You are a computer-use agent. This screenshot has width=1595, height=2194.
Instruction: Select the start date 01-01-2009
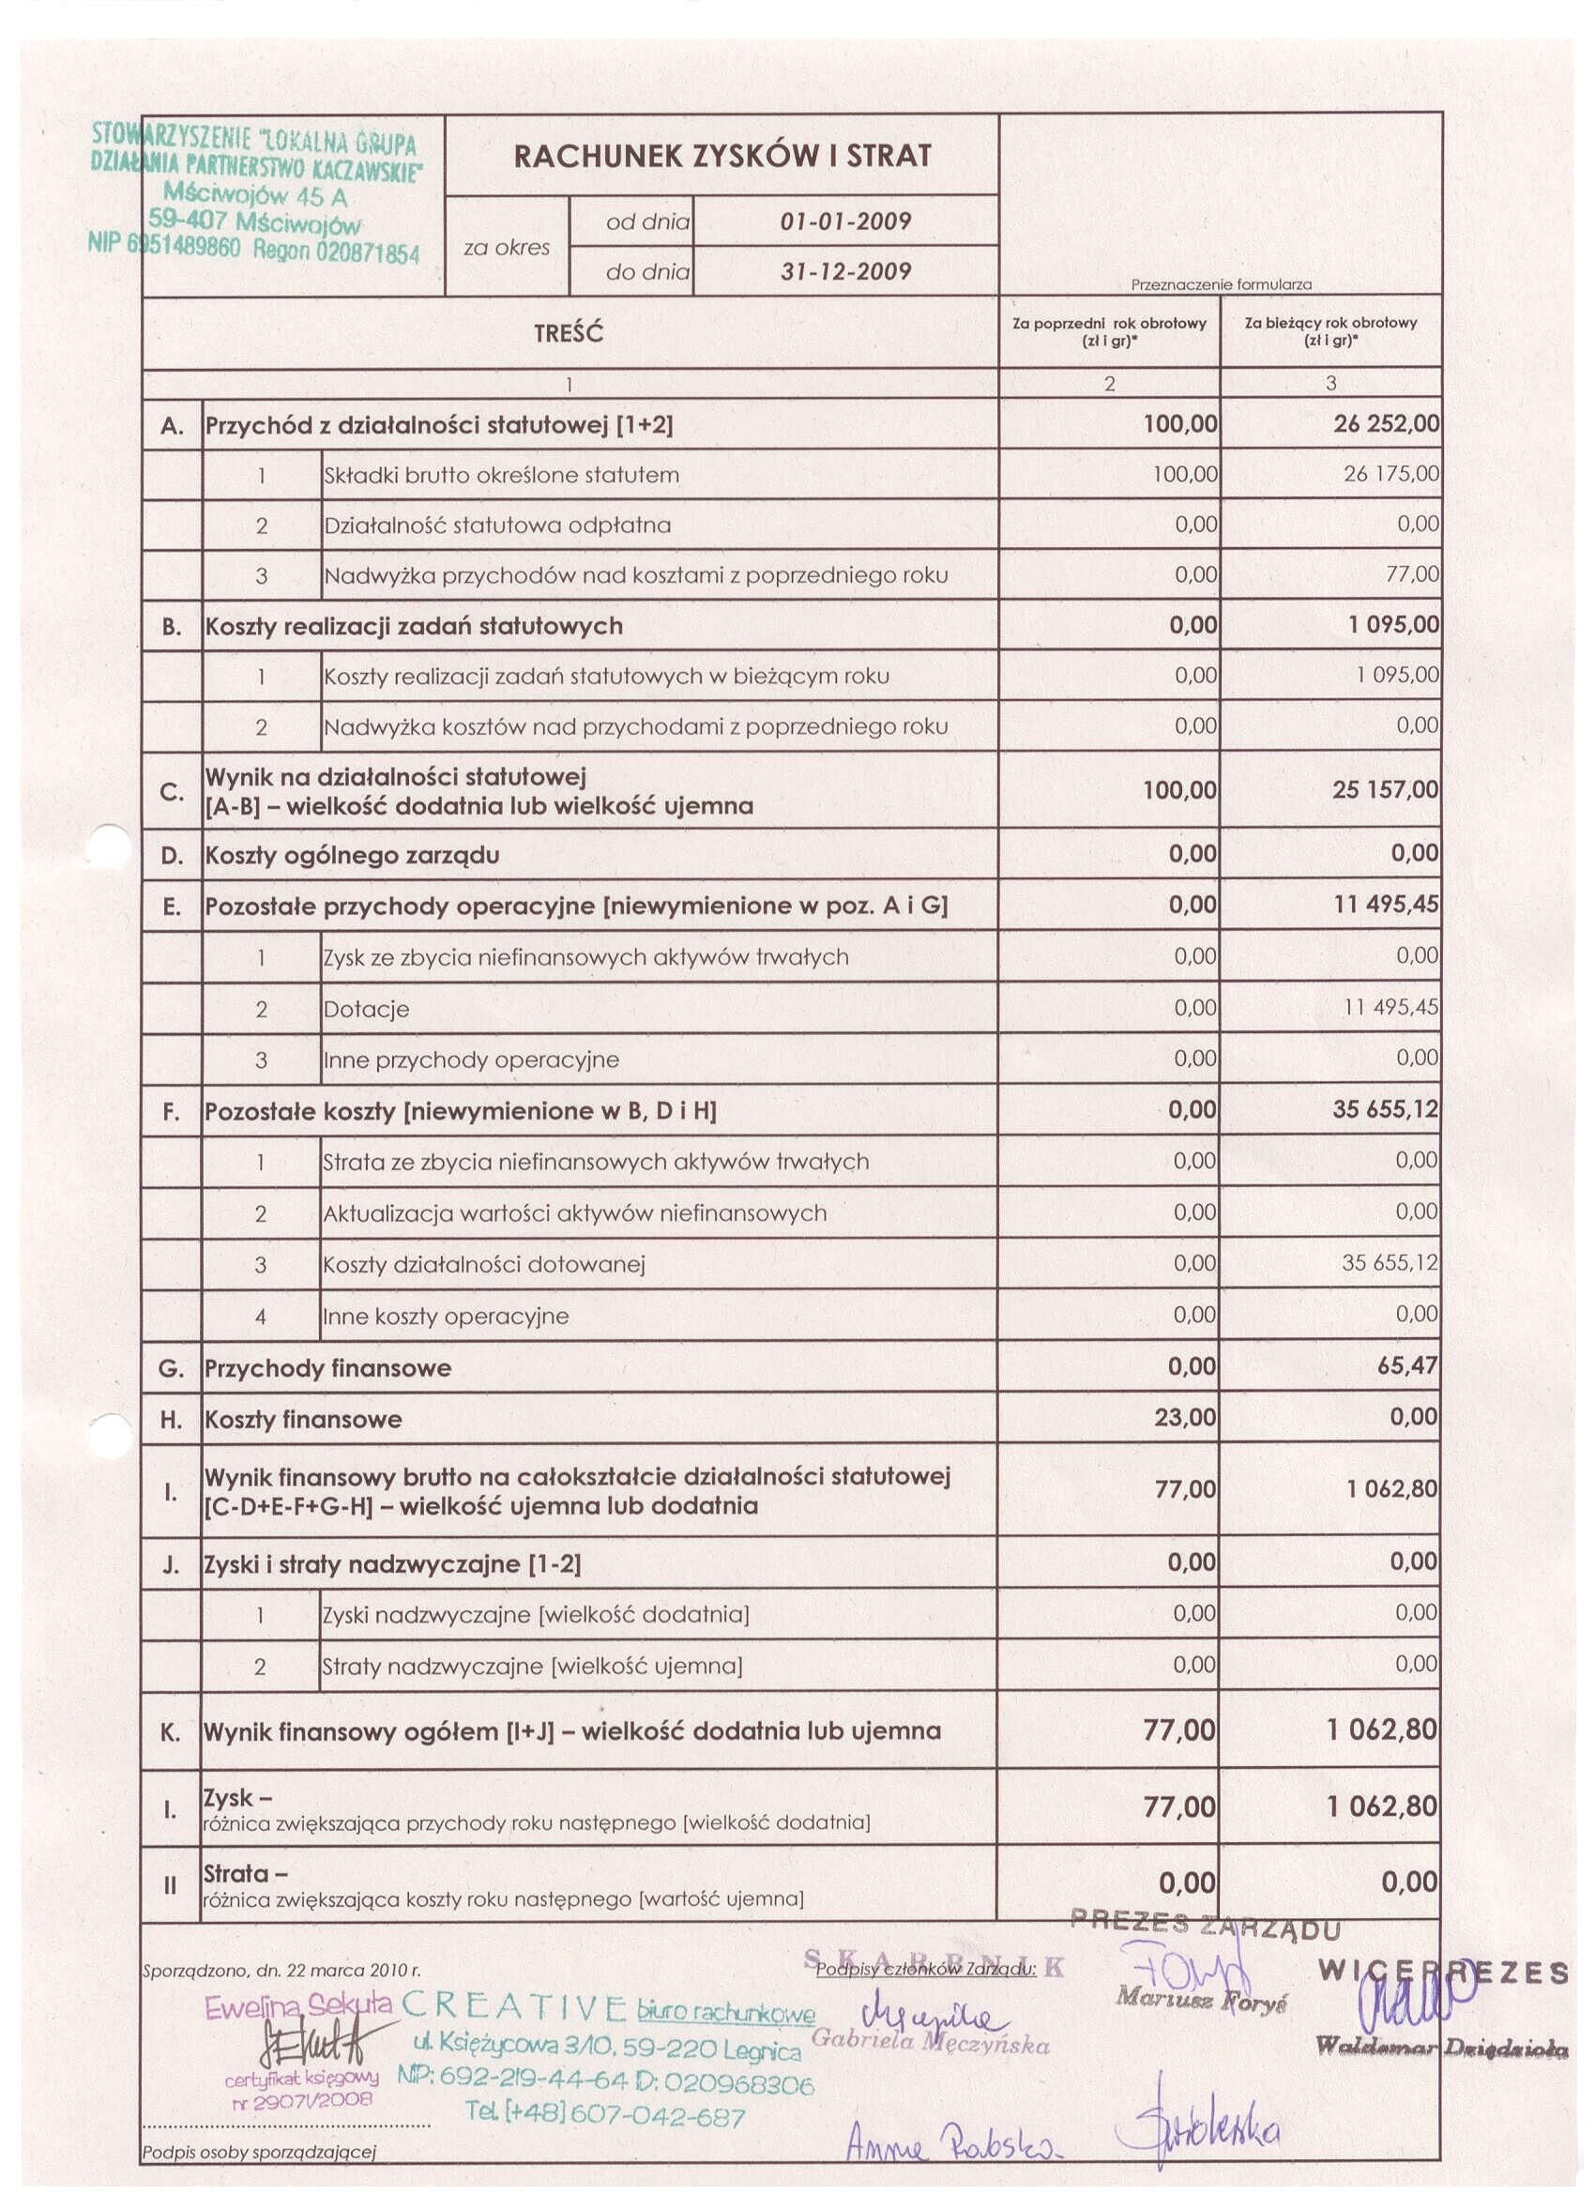(x=845, y=221)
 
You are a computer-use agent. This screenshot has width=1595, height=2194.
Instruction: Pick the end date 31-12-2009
(x=845, y=272)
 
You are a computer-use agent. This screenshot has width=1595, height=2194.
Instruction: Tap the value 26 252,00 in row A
(x=1386, y=424)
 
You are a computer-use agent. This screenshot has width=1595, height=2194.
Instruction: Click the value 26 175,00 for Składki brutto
(x=1390, y=475)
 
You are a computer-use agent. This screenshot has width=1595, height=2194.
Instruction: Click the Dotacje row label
(x=367, y=1009)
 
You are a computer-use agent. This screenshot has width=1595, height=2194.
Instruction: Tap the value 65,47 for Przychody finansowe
(x=1407, y=1366)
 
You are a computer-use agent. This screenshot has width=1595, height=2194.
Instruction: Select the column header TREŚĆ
(x=569, y=334)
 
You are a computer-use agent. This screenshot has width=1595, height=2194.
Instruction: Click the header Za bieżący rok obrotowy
(x=1330, y=323)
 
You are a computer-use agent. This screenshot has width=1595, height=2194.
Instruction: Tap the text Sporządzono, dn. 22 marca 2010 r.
(x=281, y=1970)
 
